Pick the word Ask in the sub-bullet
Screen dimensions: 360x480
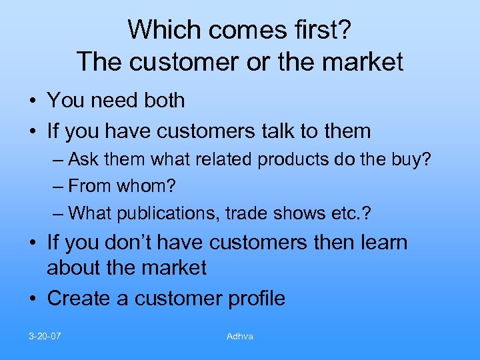[x=83, y=160]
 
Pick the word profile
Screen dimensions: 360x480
[x=255, y=298]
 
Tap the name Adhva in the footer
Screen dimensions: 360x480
[x=240, y=336]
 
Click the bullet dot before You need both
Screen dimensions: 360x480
[x=33, y=101]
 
